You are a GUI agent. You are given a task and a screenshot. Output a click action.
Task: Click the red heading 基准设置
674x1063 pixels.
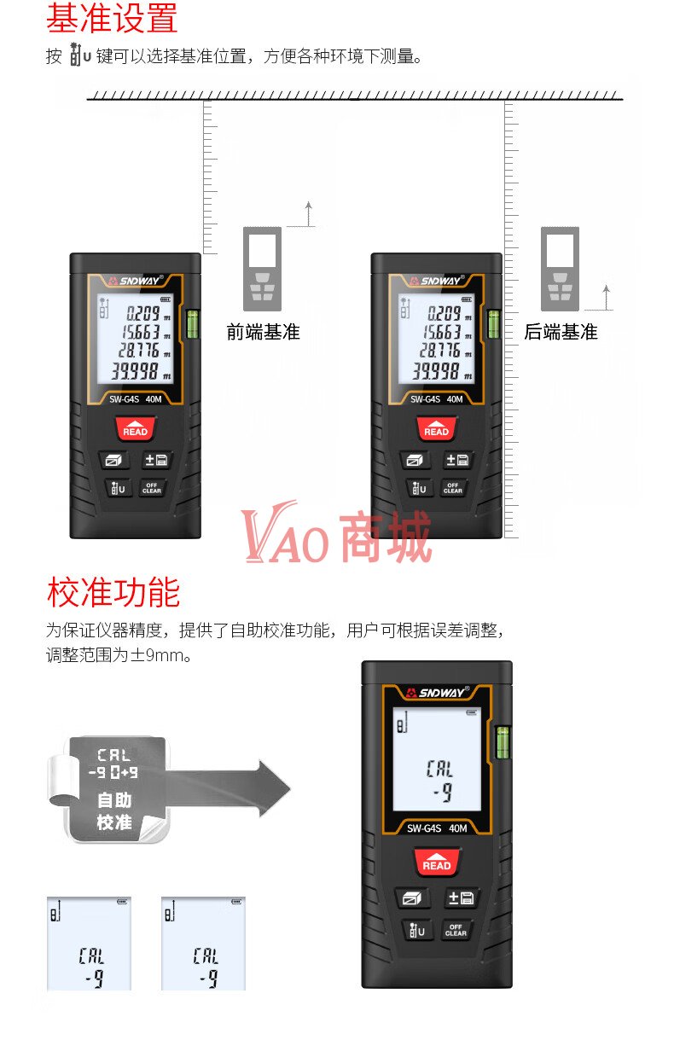click(x=112, y=18)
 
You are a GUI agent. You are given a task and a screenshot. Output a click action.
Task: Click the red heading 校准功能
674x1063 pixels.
click(x=113, y=592)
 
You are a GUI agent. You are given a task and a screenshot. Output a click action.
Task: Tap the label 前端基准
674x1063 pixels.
click(x=263, y=332)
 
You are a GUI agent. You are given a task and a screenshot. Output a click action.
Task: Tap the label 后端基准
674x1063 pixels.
click(x=561, y=332)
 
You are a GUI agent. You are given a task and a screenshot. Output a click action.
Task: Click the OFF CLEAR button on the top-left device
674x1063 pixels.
click(x=152, y=488)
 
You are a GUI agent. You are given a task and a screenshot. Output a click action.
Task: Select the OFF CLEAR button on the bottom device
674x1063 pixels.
click(x=456, y=930)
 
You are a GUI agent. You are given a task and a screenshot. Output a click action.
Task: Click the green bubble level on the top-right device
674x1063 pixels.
click(x=494, y=324)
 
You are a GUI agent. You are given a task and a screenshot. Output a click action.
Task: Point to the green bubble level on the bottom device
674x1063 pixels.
click(x=503, y=742)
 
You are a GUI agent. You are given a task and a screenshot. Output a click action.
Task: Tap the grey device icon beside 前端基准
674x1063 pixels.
click(x=263, y=269)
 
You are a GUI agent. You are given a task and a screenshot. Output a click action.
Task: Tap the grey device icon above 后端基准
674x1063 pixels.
click(x=560, y=269)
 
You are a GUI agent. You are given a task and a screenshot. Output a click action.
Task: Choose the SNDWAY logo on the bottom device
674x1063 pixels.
click(x=438, y=693)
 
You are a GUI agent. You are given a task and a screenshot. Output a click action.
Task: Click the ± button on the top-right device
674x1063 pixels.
click(x=457, y=460)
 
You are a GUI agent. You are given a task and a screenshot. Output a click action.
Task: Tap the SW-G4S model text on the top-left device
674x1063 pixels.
click(x=125, y=399)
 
